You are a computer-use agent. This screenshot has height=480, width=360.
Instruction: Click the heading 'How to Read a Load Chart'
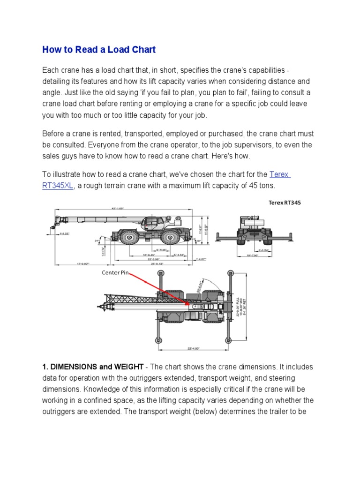[x=98, y=49]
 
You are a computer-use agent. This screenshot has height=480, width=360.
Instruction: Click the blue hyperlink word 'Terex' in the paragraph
[x=280, y=174]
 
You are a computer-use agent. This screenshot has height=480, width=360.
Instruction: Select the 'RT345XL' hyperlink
[x=58, y=186]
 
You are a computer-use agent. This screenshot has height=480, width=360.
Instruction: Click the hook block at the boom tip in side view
[x=49, y=229]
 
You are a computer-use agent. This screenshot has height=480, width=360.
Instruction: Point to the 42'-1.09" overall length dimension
[x=117, y=209]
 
